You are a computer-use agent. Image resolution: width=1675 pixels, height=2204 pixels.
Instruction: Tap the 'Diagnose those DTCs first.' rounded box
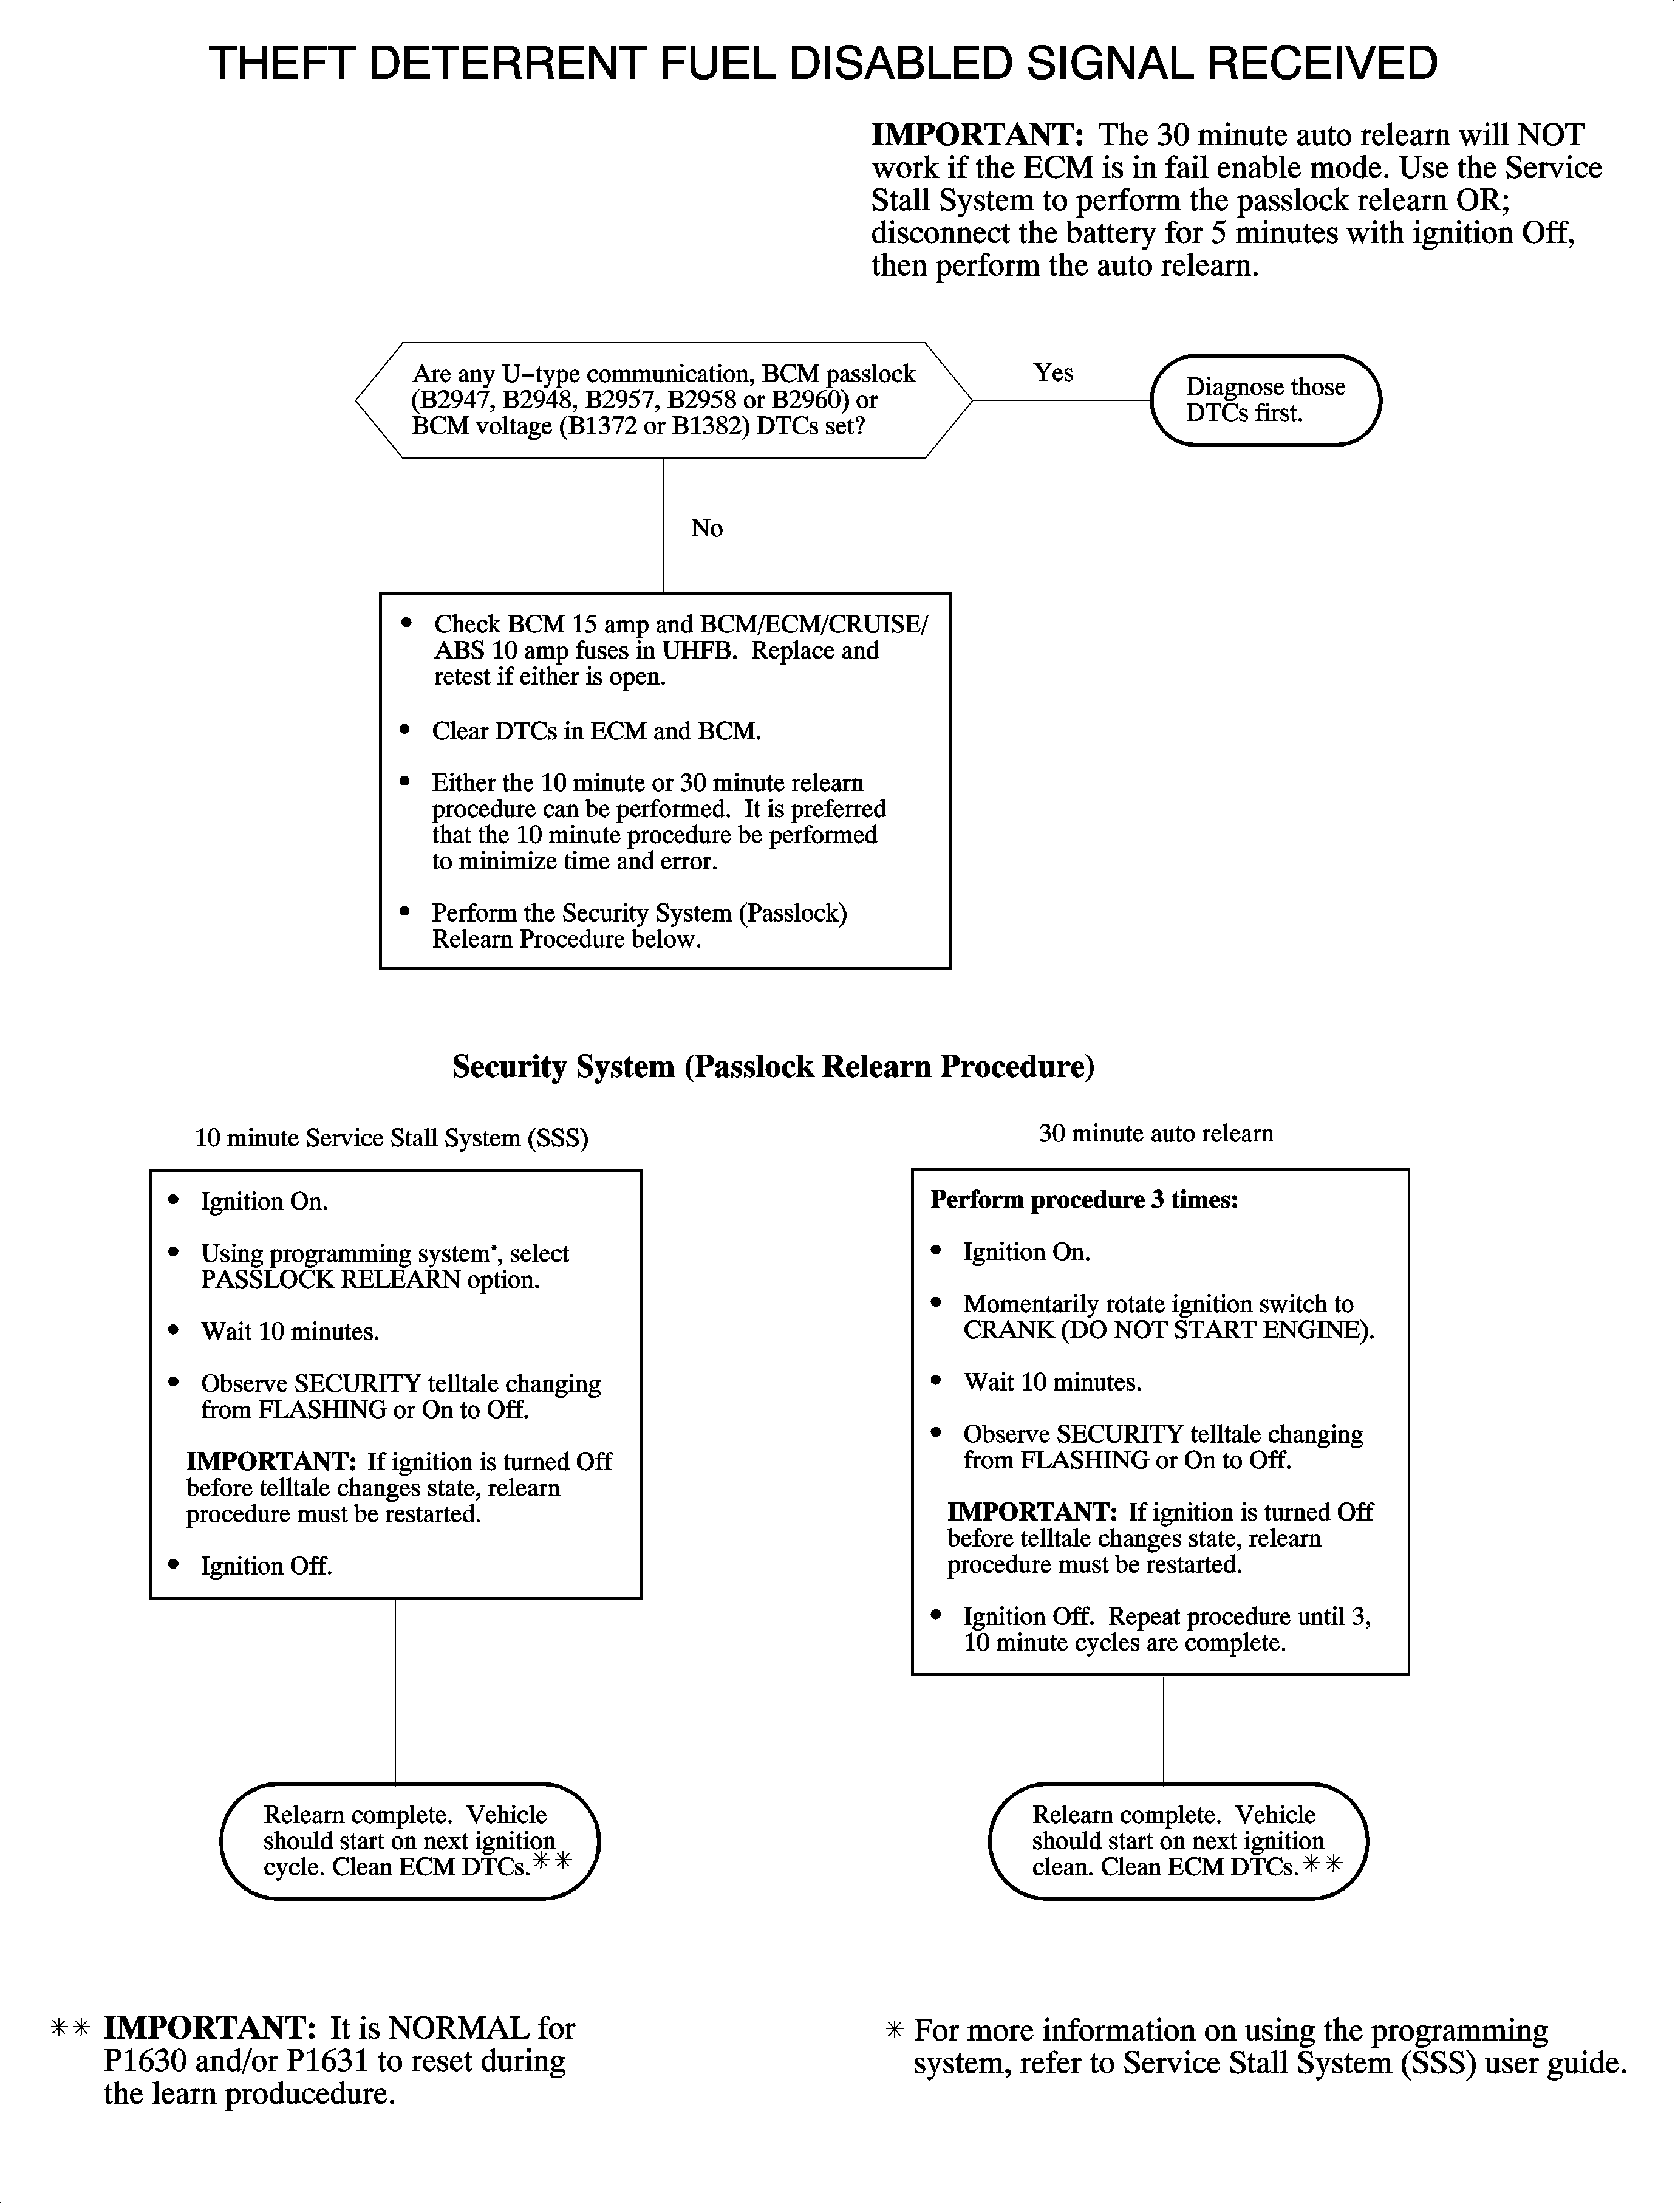pyautogui.click(x=1265, y=400)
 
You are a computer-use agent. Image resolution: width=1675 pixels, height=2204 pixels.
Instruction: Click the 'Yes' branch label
pyautogui.click(x=1053, y=373)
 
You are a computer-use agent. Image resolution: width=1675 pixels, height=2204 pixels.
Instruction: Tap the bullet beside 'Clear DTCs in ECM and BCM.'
pyautogui.click(x=405, y=730)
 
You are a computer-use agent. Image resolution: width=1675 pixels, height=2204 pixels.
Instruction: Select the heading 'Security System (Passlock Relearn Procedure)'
pyautogui.click(x=773, y=1067)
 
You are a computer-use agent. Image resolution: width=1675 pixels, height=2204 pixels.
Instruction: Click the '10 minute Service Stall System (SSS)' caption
pyautogui.click(x=391, y=1138)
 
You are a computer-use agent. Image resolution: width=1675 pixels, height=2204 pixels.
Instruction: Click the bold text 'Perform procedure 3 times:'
pyautogui.click(x=1083, y=1200)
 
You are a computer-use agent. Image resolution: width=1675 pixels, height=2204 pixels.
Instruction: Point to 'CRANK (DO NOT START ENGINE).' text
pyautogui.click(x=1167, y=1330)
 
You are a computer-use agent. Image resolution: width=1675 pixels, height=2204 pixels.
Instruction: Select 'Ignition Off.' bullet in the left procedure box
pyautogui.click(x=266, y=1566)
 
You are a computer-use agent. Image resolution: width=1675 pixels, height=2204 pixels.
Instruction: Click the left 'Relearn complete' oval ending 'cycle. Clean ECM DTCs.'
pyautogui.click(x=409, y=1841)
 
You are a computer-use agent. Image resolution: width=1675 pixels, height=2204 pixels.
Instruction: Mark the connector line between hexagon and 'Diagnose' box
pyautogui.click(x=1061, y=400)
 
